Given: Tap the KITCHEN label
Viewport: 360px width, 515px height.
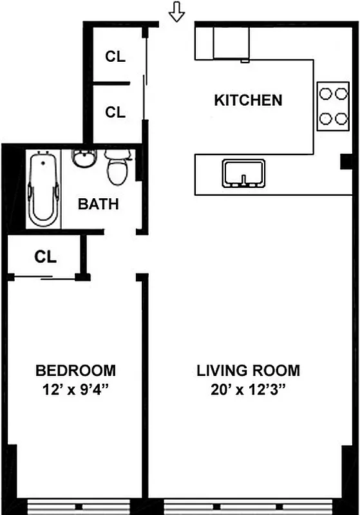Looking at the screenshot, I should point(248,100).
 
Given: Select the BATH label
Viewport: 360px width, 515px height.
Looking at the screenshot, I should point(99,205).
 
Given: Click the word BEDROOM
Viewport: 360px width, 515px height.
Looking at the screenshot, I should point(76,371).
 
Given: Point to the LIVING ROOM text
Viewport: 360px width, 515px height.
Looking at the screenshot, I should point(248,371).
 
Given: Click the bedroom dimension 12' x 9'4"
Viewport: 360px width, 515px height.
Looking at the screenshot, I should point(76,389).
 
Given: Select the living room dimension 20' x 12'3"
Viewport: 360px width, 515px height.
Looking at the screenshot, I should point(248,389).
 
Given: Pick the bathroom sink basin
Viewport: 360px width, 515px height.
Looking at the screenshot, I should point(84,158).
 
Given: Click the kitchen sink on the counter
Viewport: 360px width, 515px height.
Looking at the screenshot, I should point(244,173).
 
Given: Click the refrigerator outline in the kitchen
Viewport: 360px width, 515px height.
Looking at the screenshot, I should point(231,42).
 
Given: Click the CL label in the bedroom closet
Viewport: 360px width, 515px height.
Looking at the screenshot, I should point(46,257).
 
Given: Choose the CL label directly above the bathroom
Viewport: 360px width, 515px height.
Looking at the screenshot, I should point(115,112).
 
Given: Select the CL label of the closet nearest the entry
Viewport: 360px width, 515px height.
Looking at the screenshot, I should point(115,56).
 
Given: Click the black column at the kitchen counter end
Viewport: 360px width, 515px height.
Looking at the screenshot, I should point(346,161).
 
